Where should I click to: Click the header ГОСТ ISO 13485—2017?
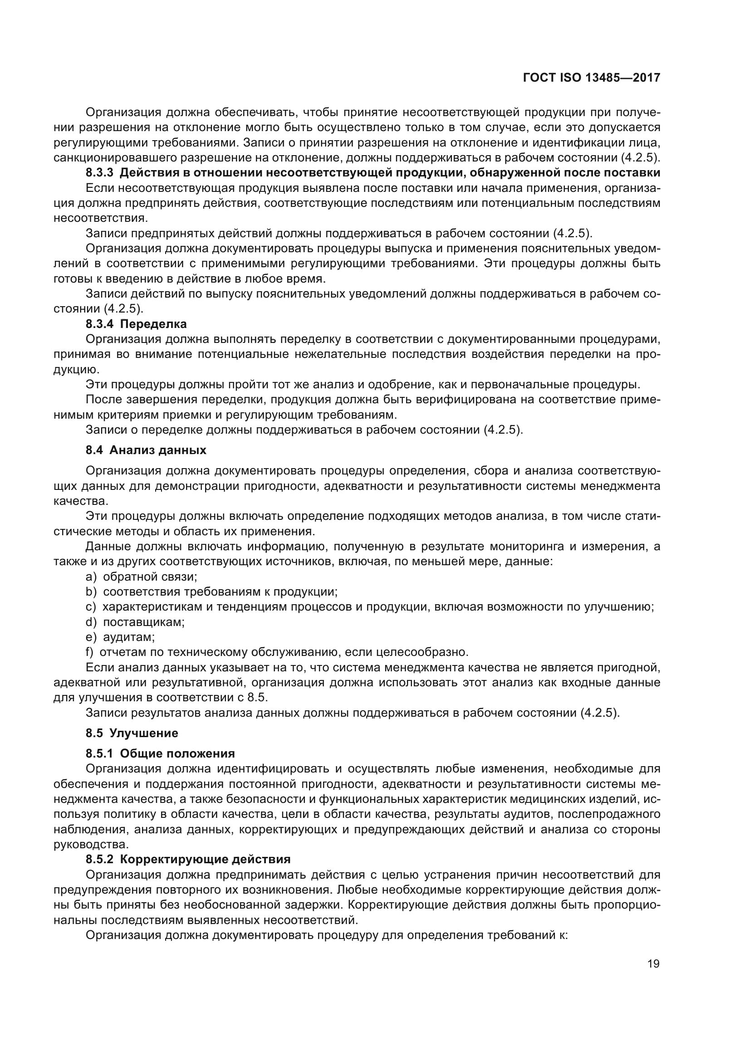(591, 78)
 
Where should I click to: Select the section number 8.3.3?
(99, 173)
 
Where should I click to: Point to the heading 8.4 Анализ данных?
(146, 450)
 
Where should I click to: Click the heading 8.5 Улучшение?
(132, 733)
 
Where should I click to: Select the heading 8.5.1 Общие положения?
(160, 754)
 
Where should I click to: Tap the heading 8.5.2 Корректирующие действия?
(188, 859)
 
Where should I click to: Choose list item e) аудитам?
(120, 637)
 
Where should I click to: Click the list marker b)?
(91, 592)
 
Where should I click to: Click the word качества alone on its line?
(80, 501)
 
